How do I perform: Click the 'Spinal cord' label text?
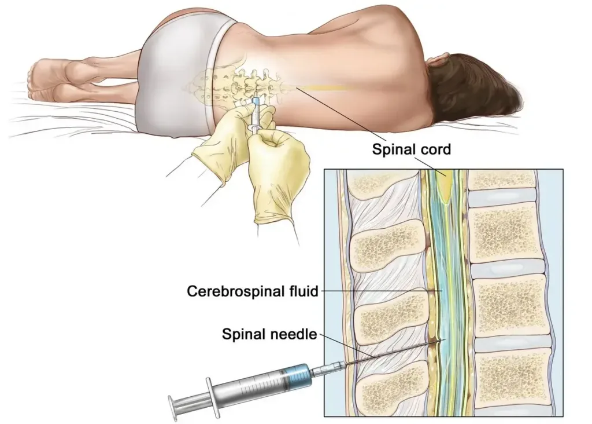point(411,149)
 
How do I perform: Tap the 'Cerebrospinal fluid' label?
point(253,291)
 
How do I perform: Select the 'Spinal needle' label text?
point(269,334)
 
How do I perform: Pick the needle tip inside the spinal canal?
point(442,340)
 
